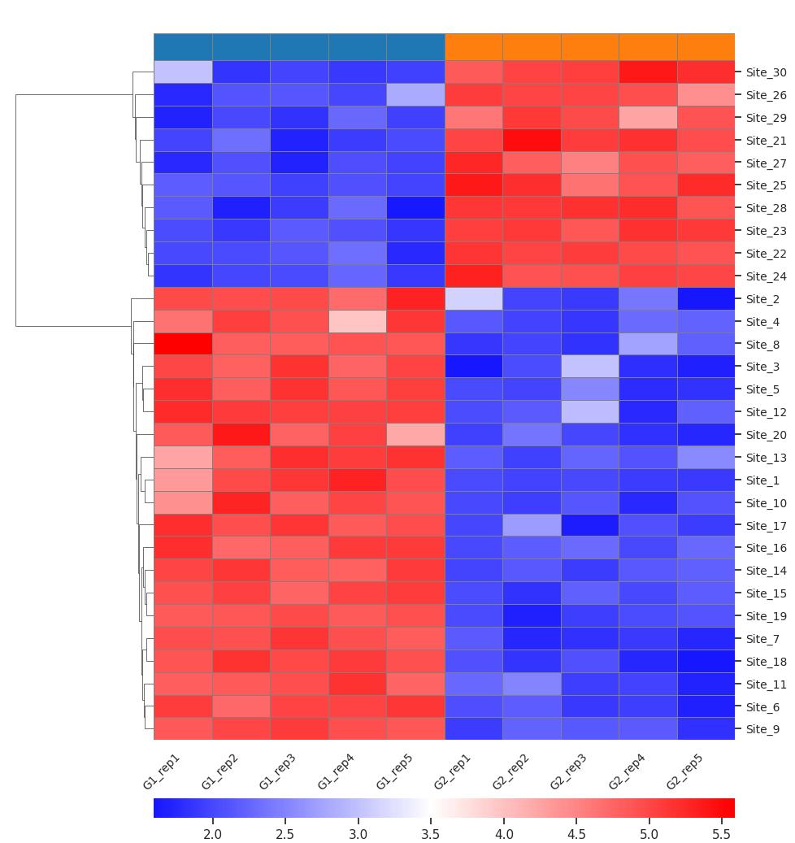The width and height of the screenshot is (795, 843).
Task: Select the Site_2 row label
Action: coord(762,299)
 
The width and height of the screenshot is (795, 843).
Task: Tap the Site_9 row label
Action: coord(762,729)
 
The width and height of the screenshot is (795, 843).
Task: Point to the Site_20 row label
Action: coord(765,435)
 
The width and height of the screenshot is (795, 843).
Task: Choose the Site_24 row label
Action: coord(765,276)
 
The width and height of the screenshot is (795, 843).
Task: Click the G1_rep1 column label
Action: coord(162,771)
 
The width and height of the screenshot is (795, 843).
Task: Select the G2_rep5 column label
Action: coord(685,771)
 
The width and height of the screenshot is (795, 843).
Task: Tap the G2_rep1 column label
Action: coord(453,771)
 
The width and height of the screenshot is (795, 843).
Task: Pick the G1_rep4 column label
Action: coord(337,771)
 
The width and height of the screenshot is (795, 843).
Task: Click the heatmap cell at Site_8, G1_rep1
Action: coord(183,344)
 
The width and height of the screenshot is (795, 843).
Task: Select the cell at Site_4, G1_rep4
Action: coord(358,321)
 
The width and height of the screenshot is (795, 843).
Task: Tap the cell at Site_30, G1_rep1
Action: coord(183,72)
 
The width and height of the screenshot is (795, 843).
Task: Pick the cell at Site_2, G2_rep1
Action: coord(474,298)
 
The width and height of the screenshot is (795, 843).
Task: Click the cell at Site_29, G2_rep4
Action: coord(648,117)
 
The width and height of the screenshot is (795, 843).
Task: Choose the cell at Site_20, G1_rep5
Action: coord(415,434)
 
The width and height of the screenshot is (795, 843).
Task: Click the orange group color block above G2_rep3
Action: coord(590,46)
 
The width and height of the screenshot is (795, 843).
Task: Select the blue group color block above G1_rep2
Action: coord(241,46)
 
